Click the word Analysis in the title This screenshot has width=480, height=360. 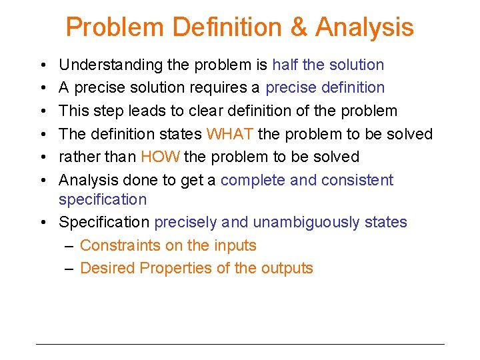point(364,27)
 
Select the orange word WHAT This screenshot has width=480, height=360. point(230,134)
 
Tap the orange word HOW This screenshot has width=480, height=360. point(159,157)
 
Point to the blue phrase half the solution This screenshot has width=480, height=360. point(328,65)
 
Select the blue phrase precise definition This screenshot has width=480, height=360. point(325,87)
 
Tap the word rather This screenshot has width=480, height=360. point(79,157)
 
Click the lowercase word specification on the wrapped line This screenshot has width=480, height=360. point(102,199)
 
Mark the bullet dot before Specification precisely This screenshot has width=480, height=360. point(41,223)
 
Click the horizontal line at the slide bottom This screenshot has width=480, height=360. point(240,344)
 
